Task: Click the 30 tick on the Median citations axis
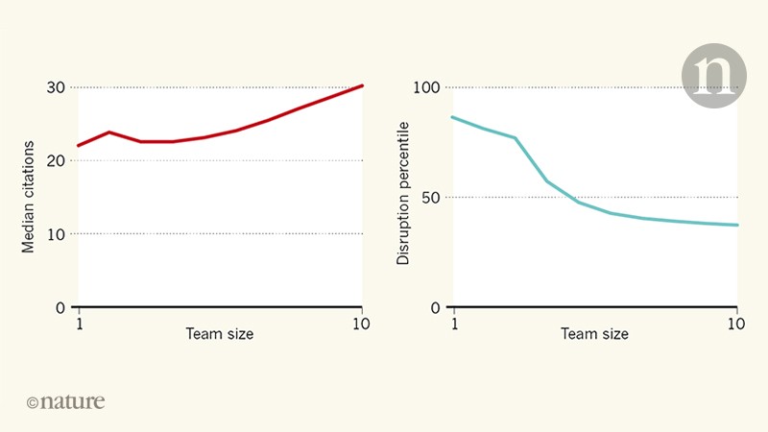tap(56, 87)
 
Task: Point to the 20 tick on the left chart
tap(56, 160)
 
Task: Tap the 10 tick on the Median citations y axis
tap(56, 233)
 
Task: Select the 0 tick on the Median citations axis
tap(60, 307)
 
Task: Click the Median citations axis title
tap(29, 197)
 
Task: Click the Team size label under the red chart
tap(220, 334)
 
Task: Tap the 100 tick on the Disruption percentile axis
tap(426, 87)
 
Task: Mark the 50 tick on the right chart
tap(430, 197)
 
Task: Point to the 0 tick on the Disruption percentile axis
tap(434, 307)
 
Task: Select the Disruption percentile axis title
tap(403, 192)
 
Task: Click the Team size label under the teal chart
tap(594, 334)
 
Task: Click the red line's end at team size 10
tap(362, 85)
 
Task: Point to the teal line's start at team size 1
tap(453, 117)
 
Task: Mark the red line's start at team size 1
tap(79, 146)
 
